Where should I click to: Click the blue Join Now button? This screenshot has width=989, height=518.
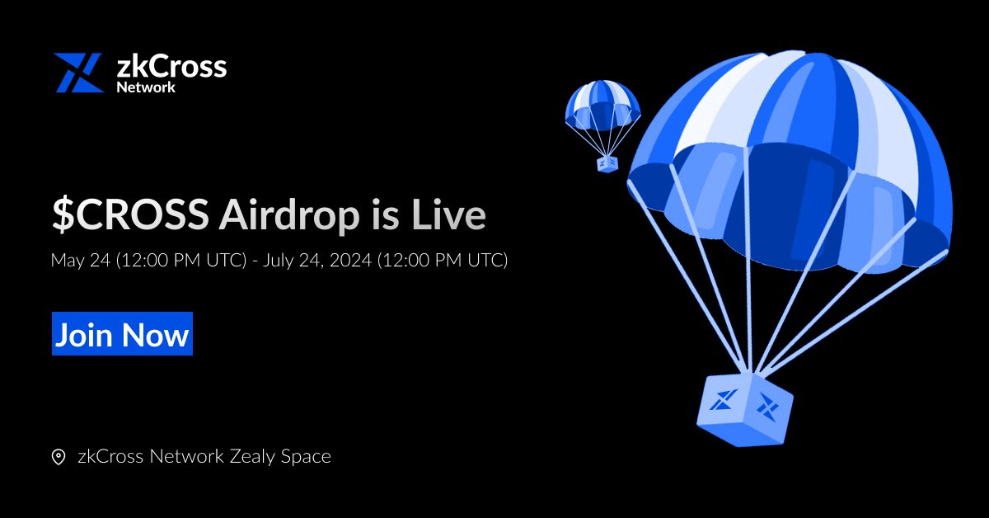tap(122, 334)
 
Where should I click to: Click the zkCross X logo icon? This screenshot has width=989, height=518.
tap(77, 73)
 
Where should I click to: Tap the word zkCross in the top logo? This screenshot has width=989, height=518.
tap(171, 66)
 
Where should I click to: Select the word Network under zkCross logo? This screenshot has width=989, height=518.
tap(146, 87)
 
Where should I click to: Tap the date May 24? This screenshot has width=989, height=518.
tap(80, 261)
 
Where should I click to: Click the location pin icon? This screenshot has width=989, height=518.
tap(59, 457)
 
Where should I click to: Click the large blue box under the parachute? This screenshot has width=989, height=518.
tap(744, 404)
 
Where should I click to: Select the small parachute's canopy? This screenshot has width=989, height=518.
tap(602, 102)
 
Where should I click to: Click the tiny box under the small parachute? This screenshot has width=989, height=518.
tap(607, 163)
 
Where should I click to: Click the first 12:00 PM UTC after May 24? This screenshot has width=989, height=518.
tap(180, 261)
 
